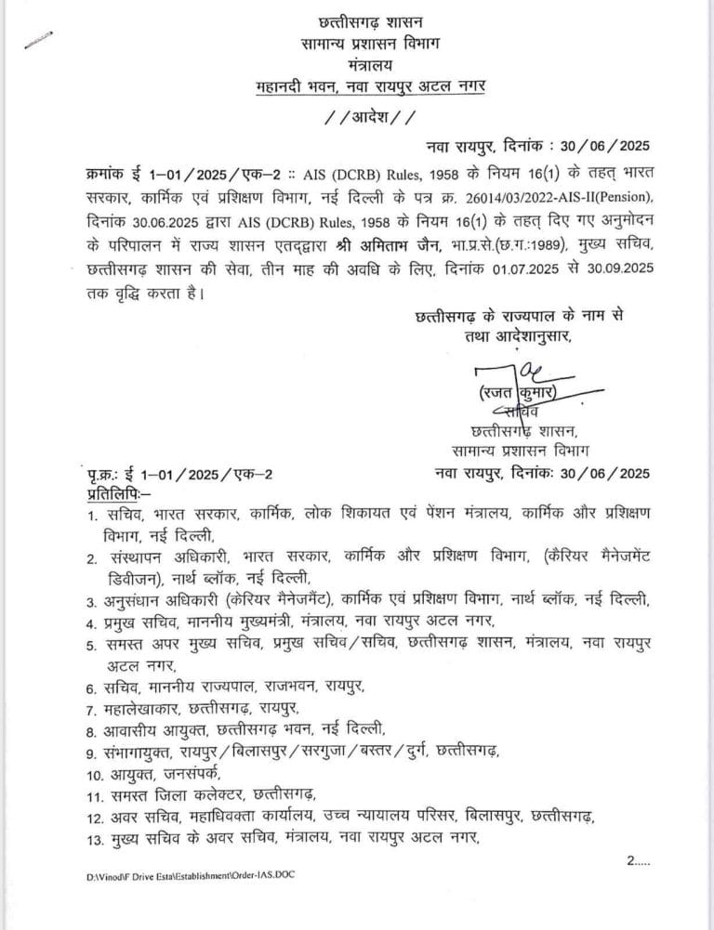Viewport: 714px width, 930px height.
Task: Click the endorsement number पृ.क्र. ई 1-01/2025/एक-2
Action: point(174,475)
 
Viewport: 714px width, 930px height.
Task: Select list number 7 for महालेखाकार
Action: point(92,710)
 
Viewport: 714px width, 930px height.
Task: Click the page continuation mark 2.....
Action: point(640,862)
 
